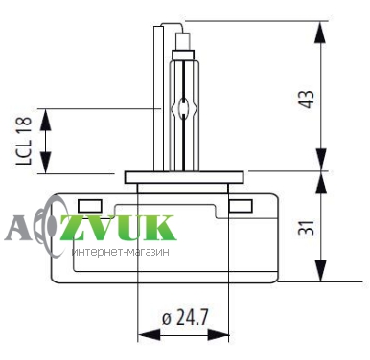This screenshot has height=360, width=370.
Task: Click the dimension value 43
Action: (306, 100)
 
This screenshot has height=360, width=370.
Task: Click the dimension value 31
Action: (306, 227)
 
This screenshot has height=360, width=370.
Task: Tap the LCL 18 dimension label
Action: (24, 141)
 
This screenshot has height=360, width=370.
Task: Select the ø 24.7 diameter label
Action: (185, 317)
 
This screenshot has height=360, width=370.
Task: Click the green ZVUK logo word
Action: (118, 228)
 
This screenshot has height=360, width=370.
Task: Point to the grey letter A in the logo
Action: (17, 228)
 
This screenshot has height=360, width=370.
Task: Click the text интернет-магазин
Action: (121, 252)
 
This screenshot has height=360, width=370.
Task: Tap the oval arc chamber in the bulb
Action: (183, 108)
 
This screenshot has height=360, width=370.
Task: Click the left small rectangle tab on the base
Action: (90, 206)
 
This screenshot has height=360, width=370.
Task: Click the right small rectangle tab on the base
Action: (241, 206)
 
